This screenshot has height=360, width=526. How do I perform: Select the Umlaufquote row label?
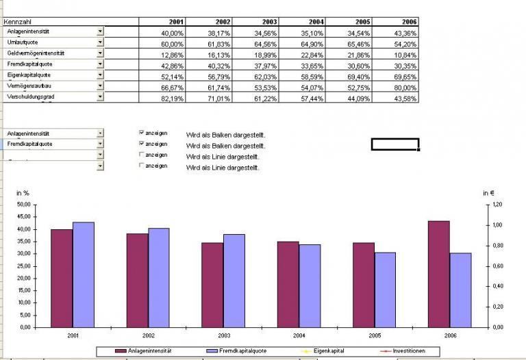click(x=21, y=42)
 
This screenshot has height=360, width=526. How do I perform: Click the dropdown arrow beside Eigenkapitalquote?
click(x=100, y=75)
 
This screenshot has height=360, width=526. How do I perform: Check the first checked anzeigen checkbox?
click(x=142, y=133)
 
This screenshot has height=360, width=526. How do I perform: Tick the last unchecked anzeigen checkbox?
click(x=142, y=166)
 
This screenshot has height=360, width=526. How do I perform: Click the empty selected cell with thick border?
click(x=394, y=144)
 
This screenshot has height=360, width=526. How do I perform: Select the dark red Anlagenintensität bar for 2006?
click(x=438, y=274)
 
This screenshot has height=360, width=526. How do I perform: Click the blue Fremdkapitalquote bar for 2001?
click(x=83, y=274)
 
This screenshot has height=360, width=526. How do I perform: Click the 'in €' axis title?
click(x=490, y=193)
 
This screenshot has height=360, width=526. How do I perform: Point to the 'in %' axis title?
click(x=23, y=193)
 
